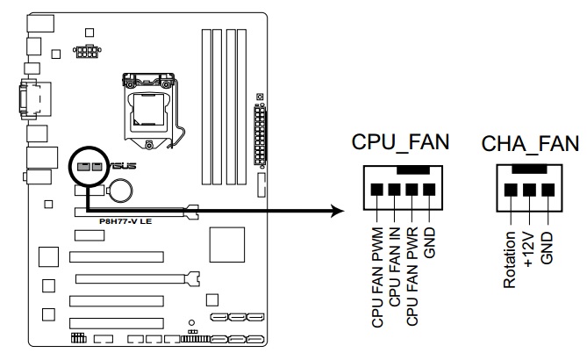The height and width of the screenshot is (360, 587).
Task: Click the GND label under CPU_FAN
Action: point(429,242)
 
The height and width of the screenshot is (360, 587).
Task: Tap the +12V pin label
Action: point(528,248)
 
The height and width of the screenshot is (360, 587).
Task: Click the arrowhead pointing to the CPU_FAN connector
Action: point(334,211)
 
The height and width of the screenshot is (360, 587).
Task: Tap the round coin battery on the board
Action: point(120,188)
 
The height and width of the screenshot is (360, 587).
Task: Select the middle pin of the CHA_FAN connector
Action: point(528,189)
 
